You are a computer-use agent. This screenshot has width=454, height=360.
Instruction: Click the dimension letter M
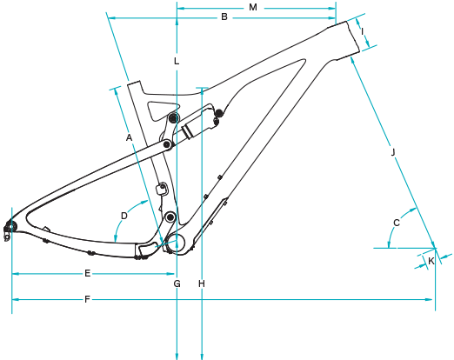(x=253, y=7)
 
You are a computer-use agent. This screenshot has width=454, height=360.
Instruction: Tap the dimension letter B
(x=224, y=17)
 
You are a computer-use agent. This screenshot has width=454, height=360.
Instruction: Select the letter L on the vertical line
(x=177, y=61)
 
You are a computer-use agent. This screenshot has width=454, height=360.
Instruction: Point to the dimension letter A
(x=129, y=137)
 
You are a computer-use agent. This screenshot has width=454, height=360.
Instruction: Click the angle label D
(x=124, y=216)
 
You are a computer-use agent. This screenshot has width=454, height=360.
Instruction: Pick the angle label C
(x=397, y=223)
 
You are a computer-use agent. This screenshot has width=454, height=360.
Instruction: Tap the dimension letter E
(x=88, y=273)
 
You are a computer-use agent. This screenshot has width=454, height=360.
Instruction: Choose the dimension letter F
(x=87, y=299)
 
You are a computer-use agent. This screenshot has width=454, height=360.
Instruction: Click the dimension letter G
(x=177, y=283)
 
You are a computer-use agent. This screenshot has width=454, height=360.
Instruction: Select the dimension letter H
(x=202, y=283)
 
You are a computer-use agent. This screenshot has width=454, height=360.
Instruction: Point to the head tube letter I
(x=362, y=31)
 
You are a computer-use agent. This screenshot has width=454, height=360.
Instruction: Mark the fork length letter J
(x=393, y=152)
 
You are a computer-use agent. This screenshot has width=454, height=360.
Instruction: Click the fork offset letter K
(x=431, y=261)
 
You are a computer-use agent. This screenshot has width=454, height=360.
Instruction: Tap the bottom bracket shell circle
(x=177, y=244)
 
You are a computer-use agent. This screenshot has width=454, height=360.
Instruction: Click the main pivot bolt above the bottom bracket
(x=170, y=217)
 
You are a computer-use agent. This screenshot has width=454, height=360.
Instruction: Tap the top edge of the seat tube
(x=134, y=83)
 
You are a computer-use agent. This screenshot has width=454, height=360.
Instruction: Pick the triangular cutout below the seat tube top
(x=162, y=110)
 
